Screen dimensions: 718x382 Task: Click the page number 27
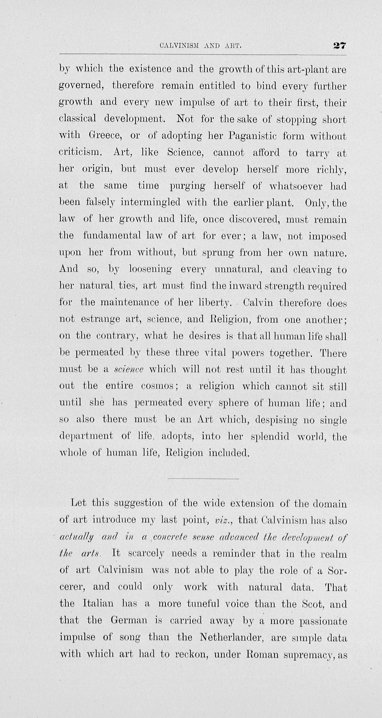339,45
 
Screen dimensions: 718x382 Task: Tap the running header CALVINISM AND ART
200,46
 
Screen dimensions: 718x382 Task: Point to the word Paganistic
252,136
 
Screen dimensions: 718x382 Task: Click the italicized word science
129,370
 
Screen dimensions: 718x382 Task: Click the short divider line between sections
203,479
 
